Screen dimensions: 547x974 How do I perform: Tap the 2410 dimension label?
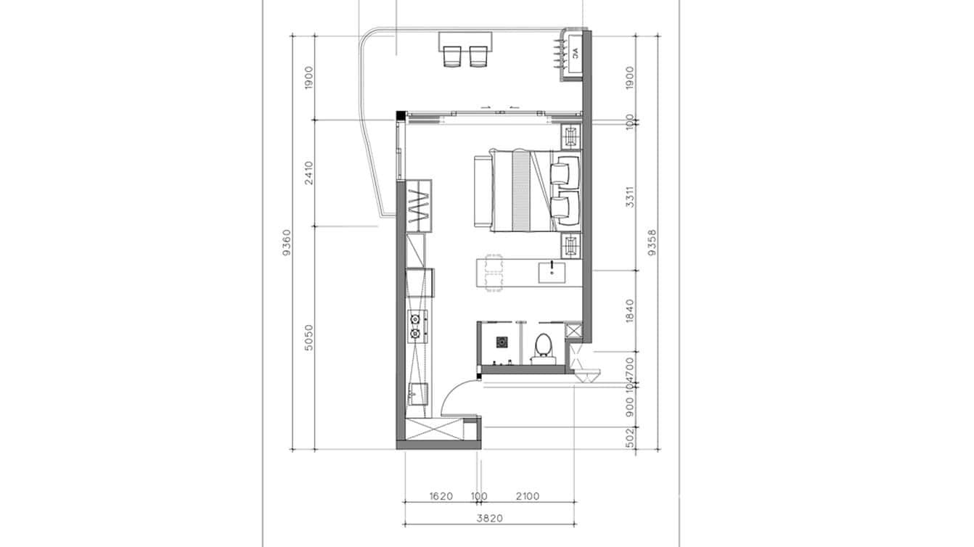(309, 173)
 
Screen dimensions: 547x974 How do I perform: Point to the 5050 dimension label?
(309, 337)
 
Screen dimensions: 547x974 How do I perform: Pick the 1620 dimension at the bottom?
(441, 497)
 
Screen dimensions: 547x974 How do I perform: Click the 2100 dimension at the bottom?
(528, 497)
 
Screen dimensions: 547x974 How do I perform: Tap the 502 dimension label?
(630, 437)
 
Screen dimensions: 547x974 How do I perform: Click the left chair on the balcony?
(452, 57)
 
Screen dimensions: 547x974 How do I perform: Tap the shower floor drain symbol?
(502, 341)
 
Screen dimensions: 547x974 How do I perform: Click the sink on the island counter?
(553, 273)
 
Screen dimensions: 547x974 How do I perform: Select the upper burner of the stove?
(416, 318)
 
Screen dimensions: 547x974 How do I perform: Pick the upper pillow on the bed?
(565, 170)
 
